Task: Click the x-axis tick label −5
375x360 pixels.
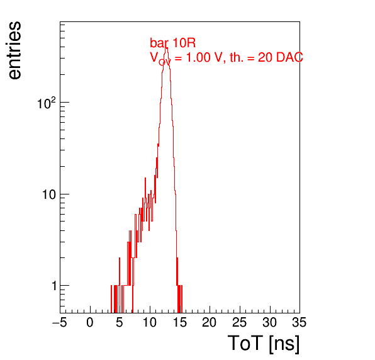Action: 60,322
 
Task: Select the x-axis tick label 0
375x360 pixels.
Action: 90,322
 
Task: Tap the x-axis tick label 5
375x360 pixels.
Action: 120,322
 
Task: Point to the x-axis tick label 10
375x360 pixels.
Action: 150,322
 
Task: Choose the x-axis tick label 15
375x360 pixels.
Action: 180,322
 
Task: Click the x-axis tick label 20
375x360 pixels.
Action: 210,322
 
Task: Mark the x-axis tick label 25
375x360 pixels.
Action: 239,322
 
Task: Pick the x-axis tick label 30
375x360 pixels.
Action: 270,322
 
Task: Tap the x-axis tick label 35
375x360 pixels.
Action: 299,322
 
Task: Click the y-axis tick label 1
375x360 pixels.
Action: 54,286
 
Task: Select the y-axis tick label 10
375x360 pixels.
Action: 49,194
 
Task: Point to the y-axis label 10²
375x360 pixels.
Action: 47,103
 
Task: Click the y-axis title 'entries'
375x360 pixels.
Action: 14,50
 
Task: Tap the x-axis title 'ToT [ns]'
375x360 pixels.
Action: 264,344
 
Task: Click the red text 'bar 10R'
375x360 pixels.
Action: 172,43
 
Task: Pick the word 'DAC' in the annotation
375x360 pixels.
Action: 289,57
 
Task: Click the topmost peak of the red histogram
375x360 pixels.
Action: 166,48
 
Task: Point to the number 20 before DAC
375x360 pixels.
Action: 265,57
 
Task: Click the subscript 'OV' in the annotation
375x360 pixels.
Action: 165,62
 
